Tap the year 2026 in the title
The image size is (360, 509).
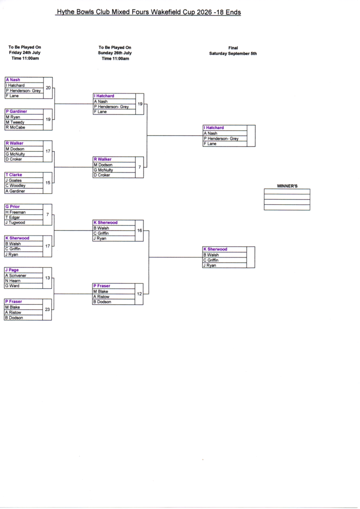point(204,12)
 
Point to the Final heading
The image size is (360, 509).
point(233,48)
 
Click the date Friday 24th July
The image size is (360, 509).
point(25,53)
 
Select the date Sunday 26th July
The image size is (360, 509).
point(115,53)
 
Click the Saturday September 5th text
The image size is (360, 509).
point(233,54)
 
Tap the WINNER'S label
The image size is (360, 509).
point(287,186)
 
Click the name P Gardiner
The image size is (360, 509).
point(16,111)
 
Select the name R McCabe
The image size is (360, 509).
point(15,128)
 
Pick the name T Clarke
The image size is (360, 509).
point(13,174)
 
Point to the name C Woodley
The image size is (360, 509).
point(15,186)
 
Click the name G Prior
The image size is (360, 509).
point(12,206)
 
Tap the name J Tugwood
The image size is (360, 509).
point(15,223)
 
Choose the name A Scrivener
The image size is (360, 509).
point(15,275)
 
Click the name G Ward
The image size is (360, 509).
point(12,286)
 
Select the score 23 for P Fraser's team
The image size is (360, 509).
point(47,309)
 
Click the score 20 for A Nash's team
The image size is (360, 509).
point(48,87)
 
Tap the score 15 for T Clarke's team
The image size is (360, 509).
point(48,183)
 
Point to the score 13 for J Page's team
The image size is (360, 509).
point(47,278)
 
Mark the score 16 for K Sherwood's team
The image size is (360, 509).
point(140,231)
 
